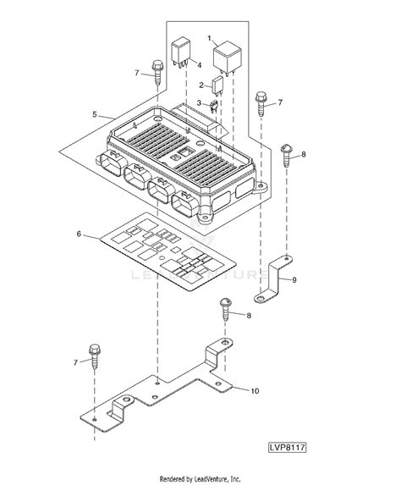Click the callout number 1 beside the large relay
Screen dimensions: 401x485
[209, 38]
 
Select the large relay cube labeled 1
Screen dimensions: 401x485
[228, 58]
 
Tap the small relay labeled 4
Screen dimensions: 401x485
[180, 51]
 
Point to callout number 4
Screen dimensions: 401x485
[199, 65]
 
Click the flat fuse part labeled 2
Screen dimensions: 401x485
[217, 85]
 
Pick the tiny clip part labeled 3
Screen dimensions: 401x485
[214, 106]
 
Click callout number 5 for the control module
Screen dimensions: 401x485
[95, 114]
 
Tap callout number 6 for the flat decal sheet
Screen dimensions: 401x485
[79, 234]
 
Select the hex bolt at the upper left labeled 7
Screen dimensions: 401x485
[157, 72]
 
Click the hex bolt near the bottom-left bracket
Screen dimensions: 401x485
[94, 355]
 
